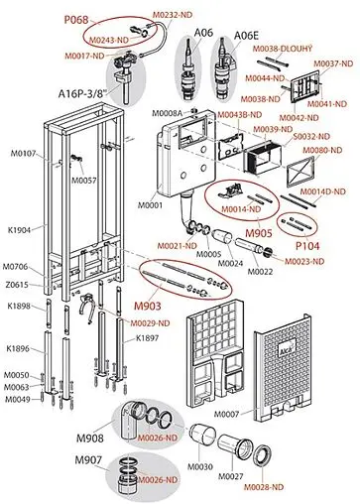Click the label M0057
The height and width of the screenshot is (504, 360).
(83, 181)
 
